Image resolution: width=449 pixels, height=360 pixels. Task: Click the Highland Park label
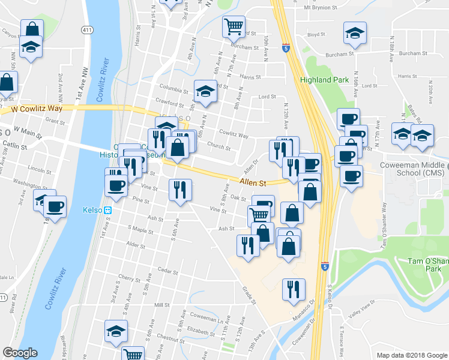324,80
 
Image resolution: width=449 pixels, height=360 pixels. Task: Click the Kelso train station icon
109,210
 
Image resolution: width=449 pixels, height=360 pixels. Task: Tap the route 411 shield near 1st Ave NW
88,30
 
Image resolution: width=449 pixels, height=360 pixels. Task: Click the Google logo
20,353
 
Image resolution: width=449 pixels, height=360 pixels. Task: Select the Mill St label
162,305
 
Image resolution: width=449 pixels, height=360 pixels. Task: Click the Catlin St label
15,146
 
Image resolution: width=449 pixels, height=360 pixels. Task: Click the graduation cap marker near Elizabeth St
116,330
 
